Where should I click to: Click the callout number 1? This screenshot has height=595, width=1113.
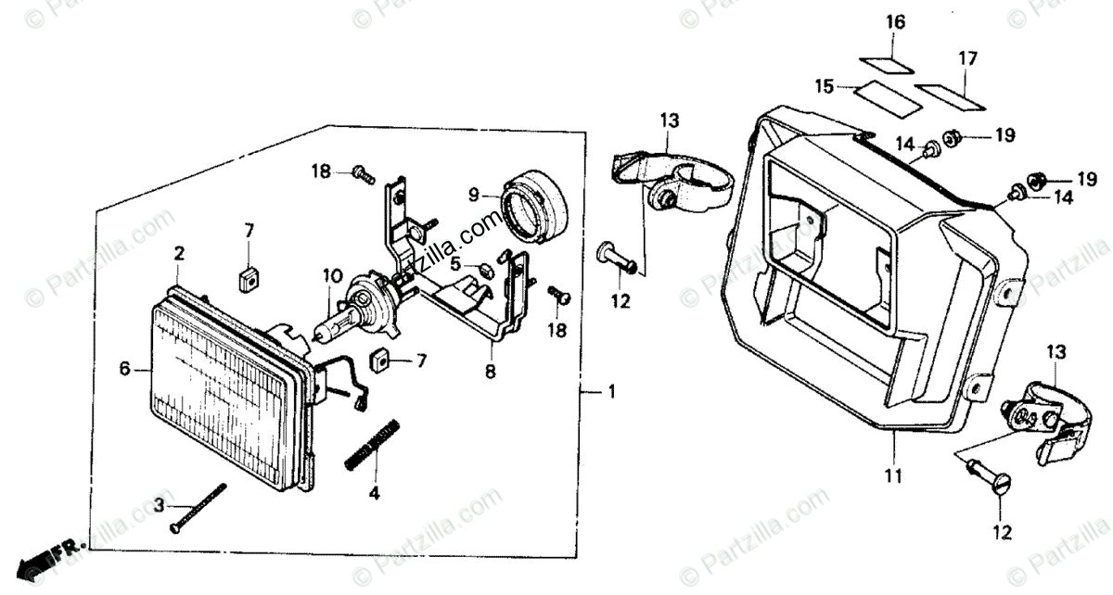610,393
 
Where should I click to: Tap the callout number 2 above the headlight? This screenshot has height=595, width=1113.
179,252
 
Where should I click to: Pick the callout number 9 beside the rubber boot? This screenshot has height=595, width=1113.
473,195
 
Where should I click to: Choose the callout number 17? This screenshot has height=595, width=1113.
967,59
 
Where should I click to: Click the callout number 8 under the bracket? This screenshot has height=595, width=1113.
490,372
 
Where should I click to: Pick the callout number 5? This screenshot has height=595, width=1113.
455,264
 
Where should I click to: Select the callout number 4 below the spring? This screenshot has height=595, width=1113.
374,494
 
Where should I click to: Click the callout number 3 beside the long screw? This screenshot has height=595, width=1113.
159,505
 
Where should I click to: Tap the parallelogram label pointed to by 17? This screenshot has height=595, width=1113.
947,93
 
